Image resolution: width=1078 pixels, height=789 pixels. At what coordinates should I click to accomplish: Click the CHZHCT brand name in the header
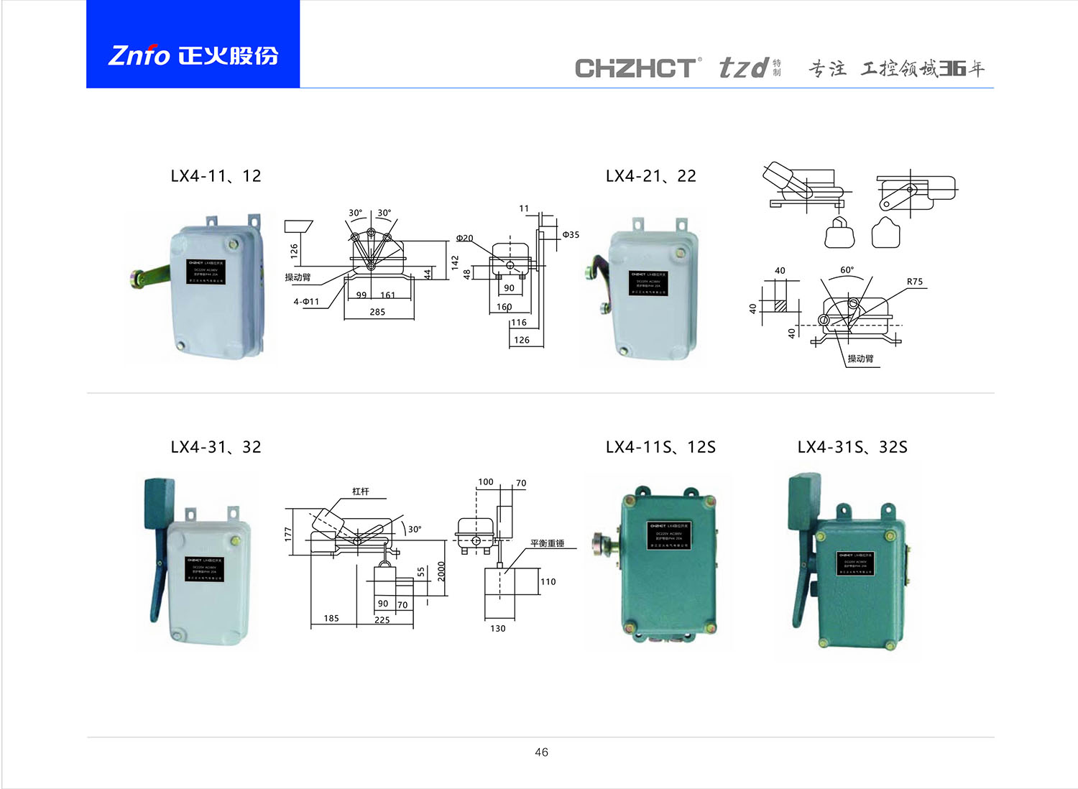635,68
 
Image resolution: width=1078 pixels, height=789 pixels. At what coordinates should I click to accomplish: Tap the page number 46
541,752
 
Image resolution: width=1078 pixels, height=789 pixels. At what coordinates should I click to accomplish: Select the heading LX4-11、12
216,176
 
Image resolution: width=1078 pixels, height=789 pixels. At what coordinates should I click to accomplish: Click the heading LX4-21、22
650,176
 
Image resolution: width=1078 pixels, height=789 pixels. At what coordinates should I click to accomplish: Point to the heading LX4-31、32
216,447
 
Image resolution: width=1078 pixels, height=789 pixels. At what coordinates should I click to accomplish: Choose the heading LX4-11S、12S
660,447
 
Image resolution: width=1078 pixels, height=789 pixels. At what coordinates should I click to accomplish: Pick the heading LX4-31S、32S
852,447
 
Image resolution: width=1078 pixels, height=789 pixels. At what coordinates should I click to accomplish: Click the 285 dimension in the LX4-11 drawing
377,312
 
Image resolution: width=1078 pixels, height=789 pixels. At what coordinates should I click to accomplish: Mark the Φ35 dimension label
570,235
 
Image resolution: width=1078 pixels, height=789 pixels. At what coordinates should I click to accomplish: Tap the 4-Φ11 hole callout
306,302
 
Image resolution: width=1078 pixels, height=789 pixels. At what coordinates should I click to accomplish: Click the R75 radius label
914,282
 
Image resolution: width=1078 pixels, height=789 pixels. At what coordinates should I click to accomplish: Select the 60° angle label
847,270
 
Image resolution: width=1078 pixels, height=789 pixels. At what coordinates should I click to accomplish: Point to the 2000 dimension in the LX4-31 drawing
441,571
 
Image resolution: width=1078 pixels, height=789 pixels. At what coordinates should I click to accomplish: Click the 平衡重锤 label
547,543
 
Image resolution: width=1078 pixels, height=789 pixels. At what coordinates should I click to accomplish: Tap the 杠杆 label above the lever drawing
360,492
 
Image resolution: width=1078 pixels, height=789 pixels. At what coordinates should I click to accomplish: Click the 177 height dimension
288,533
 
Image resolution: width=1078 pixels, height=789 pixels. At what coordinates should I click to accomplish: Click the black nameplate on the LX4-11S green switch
668,535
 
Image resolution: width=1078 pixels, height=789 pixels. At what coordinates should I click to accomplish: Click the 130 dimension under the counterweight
497,628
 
